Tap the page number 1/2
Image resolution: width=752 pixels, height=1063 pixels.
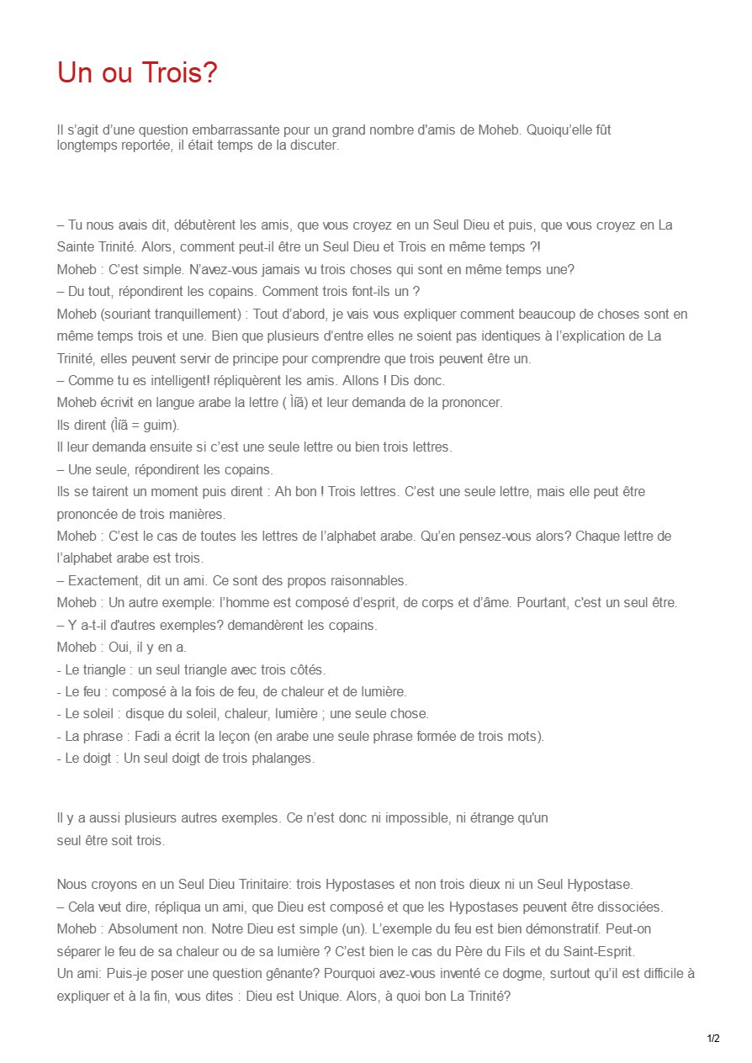pos(713,1039)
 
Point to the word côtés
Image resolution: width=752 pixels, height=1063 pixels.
pos(306,669)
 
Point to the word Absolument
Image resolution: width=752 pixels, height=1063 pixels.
pos(141,929)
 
